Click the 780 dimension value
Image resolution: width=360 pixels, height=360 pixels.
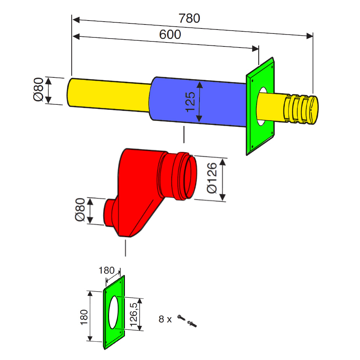(189, 18)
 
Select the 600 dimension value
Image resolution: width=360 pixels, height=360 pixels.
(170, 35)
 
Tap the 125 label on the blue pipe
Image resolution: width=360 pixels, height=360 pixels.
(190, 102)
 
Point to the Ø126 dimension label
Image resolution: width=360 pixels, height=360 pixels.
(212, 178)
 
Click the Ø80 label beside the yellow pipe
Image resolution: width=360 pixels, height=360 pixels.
(39, 89)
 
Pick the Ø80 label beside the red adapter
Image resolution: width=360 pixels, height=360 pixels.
(80, 210)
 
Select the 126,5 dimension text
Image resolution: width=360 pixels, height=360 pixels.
(134, 315)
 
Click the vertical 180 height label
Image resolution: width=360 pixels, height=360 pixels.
(84, 317)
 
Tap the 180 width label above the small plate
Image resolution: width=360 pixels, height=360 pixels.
(107, 270)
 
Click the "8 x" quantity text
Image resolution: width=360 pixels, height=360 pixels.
(165, 319)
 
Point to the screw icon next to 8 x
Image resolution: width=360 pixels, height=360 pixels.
(181, 318)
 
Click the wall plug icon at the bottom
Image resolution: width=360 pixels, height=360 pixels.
(192, 324)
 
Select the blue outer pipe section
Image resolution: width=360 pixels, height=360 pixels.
(197, 102)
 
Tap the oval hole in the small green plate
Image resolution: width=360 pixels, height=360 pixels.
(113, 312)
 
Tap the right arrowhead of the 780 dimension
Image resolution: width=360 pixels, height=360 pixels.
(310, 36)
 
